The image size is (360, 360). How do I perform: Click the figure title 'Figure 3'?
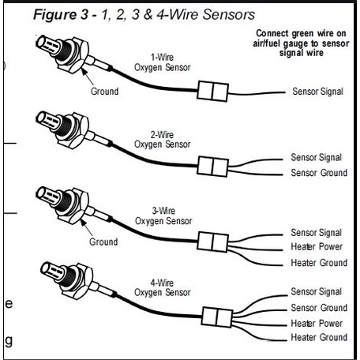[61, 14]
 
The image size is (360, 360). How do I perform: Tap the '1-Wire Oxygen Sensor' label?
[163, 62]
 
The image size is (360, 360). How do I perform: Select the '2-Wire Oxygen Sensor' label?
[163, 140]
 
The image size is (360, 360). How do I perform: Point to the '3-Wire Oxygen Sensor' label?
[163, 216]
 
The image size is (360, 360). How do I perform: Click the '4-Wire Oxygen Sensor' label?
[163, 287]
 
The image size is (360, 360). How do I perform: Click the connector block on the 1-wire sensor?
[212, 91]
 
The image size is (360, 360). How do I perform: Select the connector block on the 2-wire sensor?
[212, 167]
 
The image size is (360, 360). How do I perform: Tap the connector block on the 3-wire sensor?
[212, 242]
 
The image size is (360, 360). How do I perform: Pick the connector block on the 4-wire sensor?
[217, 317]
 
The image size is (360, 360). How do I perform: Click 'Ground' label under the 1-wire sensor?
[104, 92]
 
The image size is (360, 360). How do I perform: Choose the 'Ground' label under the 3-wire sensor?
[103, 242]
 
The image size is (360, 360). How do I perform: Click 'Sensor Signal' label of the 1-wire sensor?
[318, 92]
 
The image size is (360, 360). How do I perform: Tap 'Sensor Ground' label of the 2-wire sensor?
[319, 173]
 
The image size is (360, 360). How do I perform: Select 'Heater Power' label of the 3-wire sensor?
[317, 246]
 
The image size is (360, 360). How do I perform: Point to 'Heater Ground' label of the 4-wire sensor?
[319, 337]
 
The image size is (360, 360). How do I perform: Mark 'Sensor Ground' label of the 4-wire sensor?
[319, 308]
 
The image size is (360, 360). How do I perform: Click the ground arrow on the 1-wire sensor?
[87, 77]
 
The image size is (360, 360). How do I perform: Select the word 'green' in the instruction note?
[302, 34]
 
